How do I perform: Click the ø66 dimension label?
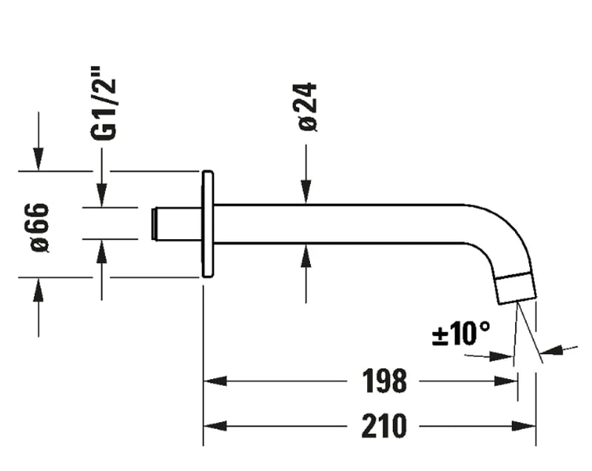40,226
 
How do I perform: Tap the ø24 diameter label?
308,107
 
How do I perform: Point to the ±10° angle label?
460,334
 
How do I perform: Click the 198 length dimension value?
384,381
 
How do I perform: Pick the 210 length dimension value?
384,426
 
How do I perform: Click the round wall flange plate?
207,224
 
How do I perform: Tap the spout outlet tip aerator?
515,288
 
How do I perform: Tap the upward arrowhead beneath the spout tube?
306,256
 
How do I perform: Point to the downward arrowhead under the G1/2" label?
102,196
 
